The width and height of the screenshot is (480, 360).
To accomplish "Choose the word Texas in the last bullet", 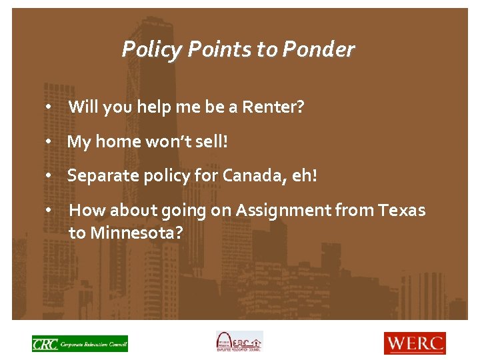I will (401, 211).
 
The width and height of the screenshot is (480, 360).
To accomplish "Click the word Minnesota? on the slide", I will (136, 233).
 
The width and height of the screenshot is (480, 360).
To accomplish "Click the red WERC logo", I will (414, 343).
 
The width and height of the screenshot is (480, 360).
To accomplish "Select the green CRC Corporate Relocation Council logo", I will (80, 343).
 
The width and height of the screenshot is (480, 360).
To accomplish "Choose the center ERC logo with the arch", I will (239, 342).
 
